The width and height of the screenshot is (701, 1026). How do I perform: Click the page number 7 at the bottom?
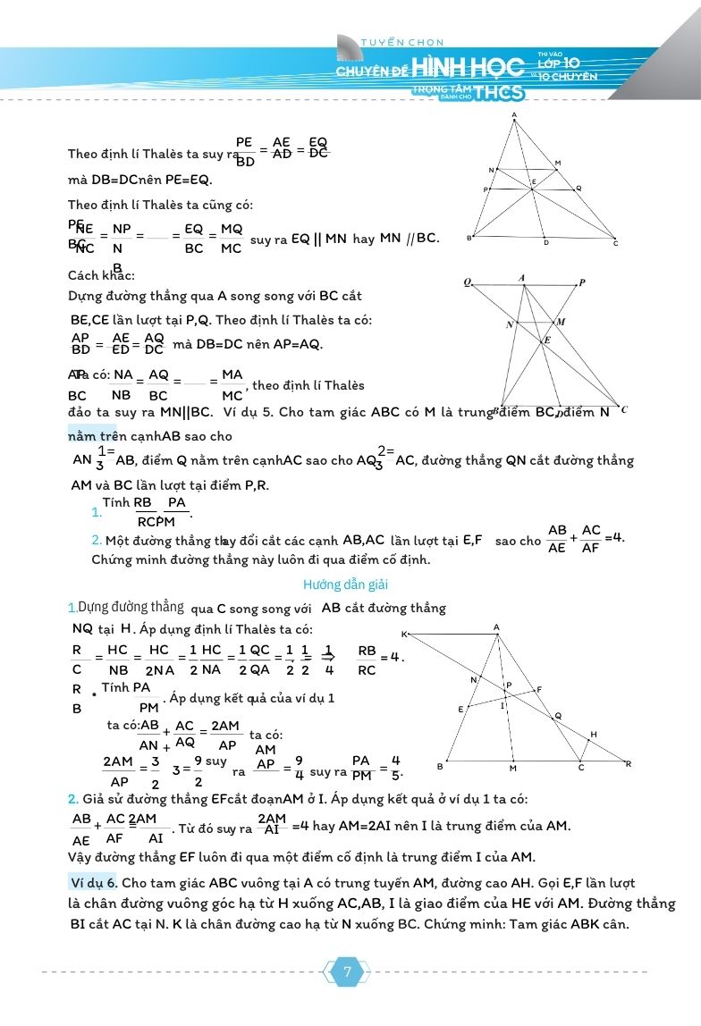347,972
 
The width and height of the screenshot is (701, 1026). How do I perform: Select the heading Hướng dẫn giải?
344,584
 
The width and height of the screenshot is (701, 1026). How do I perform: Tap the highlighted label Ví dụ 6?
92,882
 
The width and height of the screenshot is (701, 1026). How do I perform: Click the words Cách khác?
101,275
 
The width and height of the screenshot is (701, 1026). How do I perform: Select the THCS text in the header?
501,91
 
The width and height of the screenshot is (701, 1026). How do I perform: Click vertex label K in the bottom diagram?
404,634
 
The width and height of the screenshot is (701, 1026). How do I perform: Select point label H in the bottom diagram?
594,734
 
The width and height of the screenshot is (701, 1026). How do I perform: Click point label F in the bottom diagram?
538,689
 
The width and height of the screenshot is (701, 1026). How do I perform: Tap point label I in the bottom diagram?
503,706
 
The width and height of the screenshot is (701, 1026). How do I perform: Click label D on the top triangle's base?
546,243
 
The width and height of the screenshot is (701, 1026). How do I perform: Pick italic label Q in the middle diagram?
467,282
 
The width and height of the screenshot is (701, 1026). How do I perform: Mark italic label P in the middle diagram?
582,283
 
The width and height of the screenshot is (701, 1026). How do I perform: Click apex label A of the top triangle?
515,114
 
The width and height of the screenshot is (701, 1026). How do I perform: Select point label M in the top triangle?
557,163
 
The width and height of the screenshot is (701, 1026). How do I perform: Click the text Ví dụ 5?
251,412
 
